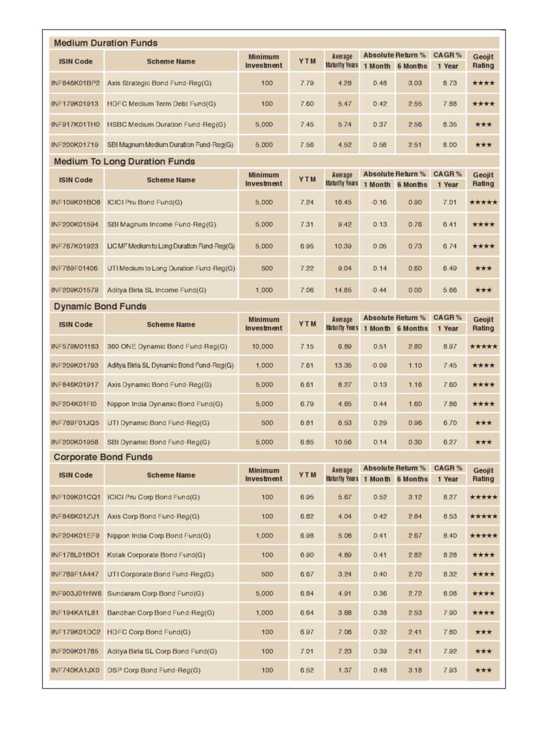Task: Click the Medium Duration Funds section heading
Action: click(x=106, y=43)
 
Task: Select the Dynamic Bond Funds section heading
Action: click(x=100, y=306)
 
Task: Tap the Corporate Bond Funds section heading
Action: click(x=103, y=457)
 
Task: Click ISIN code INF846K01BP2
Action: click(x=76, y=84)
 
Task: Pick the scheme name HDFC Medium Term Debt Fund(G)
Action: click(x=161, y=104)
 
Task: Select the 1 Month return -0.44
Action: click(x=379, y=291)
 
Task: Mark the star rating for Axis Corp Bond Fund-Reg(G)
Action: click(x=483, y=516)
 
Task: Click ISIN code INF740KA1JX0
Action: click(x=76, y=671)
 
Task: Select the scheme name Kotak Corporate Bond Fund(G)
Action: click(x=156, y=555)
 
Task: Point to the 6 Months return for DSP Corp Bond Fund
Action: click(x=415, y=671)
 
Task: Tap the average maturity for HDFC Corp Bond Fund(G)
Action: click(x=344, y=632)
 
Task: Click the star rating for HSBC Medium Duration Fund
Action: click(x=483, y=124)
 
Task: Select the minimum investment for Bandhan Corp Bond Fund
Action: click(x=263, y=612)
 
